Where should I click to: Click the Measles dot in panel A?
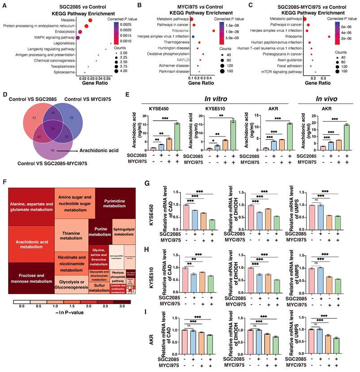(91, 20)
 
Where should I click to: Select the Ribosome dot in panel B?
(214, 31)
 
